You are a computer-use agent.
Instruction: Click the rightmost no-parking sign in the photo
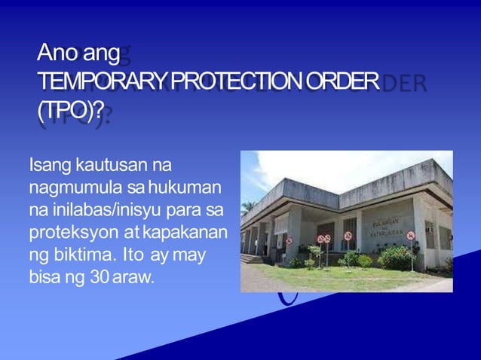coord(411,235)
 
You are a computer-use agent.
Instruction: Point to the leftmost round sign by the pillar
coord(289,241)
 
